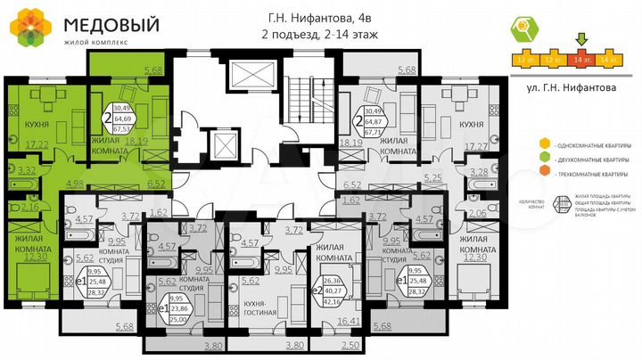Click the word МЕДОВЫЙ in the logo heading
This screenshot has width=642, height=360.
98,21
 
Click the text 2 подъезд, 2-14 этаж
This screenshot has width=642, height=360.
317,35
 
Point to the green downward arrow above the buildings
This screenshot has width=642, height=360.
582,38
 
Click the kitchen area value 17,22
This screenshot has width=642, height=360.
36,143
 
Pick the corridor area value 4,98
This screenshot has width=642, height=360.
75,184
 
